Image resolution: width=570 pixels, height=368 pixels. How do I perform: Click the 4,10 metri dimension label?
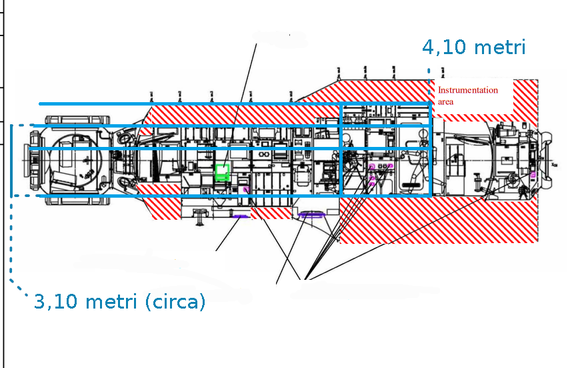474,47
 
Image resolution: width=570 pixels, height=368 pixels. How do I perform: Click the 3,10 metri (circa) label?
119,302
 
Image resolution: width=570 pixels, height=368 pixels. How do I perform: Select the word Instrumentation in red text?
467,90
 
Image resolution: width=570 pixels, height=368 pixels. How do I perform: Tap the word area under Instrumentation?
445,102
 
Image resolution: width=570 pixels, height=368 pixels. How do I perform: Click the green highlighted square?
222,172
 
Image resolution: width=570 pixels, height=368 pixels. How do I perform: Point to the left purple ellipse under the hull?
240,216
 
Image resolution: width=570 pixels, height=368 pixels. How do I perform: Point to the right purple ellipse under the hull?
311,214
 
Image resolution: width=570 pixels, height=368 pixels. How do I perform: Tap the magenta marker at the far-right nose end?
533,174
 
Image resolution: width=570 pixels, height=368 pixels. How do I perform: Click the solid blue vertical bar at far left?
11,160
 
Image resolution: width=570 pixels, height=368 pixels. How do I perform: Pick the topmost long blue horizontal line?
233,104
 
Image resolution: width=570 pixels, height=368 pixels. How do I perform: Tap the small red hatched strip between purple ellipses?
271,213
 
